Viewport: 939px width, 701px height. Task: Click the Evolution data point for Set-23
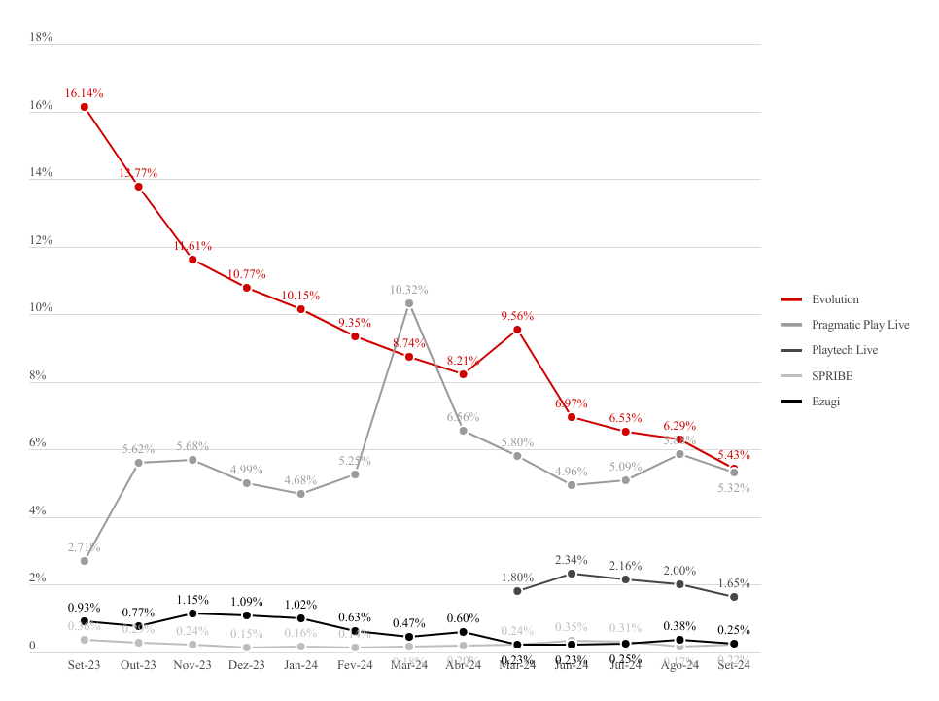tap(85, 107)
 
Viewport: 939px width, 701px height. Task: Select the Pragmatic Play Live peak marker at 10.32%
tap(409, 303)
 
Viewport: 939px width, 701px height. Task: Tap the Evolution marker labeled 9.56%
tap(518, 330)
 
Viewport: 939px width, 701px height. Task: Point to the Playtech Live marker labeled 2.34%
tap(572, 574)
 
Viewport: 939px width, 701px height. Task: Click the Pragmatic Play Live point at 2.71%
tap(85, 561)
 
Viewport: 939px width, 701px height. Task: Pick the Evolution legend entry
tap(835, 299)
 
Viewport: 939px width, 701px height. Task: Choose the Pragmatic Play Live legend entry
tap(859, 325)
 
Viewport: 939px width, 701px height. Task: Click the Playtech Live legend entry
tap(845, 350)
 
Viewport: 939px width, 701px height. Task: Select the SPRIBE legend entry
tap(831, 375)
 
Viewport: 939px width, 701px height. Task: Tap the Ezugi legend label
tap(825, 401)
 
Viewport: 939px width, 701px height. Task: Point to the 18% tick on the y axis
tap(41, 37)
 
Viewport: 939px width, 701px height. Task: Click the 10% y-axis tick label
tap(41, 308)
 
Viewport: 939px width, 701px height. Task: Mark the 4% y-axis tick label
tap(38, 511)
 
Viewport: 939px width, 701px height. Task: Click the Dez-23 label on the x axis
tap(247, 666)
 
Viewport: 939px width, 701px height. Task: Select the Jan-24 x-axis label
tap(300, 666)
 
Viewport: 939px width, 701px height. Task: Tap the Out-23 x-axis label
tap(138, 666)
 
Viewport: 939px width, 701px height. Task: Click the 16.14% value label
tap(85, 93)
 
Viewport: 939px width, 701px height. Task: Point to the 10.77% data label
tap(247, 275)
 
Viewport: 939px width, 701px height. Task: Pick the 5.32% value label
tap(733, 488)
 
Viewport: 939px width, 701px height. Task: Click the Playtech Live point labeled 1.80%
tap(517, 591)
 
